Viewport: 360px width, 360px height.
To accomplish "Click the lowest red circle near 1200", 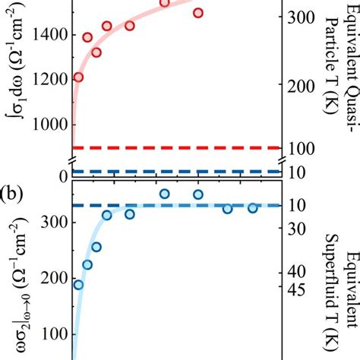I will (x=78, y=77).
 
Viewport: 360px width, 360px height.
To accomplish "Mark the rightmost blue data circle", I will (x=252, y=208).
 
